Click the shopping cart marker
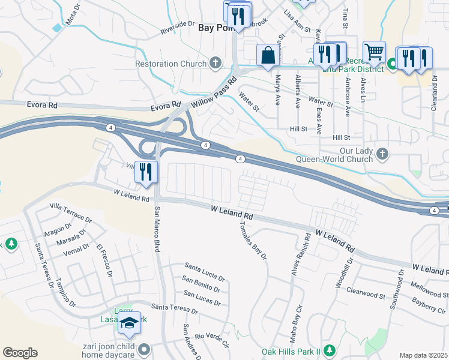375,52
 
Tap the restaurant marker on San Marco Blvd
146,172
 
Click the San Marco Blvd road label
158,230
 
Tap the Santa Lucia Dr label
205,271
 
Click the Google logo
20,352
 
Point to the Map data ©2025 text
423,355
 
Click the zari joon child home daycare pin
143,349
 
